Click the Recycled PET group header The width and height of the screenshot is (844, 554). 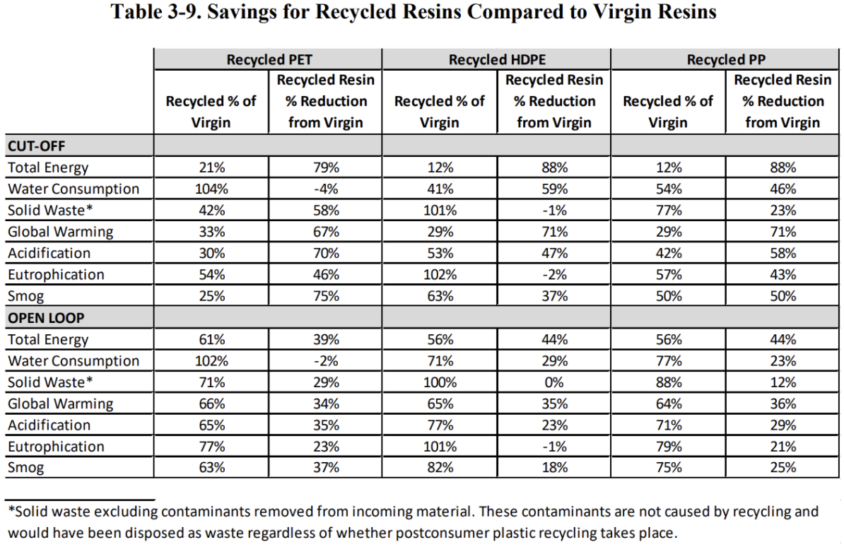point(267,60)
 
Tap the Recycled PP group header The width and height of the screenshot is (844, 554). point(725,60)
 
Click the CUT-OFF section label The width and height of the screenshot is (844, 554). point(36,146)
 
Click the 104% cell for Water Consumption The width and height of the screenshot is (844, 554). point(210,189)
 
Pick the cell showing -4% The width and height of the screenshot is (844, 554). point(324,189)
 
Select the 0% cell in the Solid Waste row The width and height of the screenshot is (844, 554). point(553,382)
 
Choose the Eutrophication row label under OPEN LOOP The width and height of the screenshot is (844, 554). point(56,447)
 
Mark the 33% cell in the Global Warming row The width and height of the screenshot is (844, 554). point(210,232)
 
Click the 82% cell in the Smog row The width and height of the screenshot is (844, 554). point(439,468)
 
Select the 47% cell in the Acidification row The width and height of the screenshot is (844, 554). point(553,253)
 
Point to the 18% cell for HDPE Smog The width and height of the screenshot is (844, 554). point(553,468)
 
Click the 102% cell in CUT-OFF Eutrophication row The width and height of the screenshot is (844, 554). point(439,275)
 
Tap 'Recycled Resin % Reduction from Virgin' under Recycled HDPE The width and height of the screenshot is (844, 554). point(553,101)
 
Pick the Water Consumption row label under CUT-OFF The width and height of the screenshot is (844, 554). point(74,189)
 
